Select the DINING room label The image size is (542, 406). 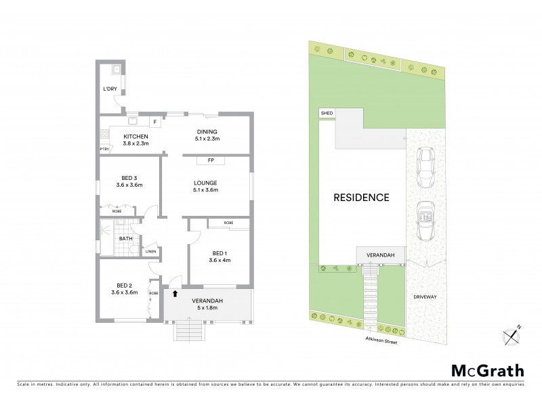click(207, 132)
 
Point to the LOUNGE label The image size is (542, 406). click(207, 183)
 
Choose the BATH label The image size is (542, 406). click(126, 238)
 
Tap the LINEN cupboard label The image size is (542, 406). click(150, 252)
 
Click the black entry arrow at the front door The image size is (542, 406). click(175, 294)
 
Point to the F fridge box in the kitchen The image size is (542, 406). click(155, 122)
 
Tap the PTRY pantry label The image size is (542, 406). click(104, 149)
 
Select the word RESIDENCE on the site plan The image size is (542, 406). click(361, 198)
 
